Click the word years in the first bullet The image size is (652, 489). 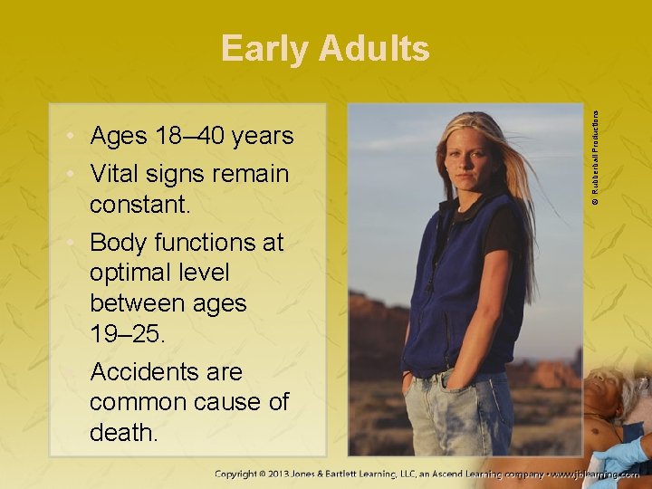[262, 137]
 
